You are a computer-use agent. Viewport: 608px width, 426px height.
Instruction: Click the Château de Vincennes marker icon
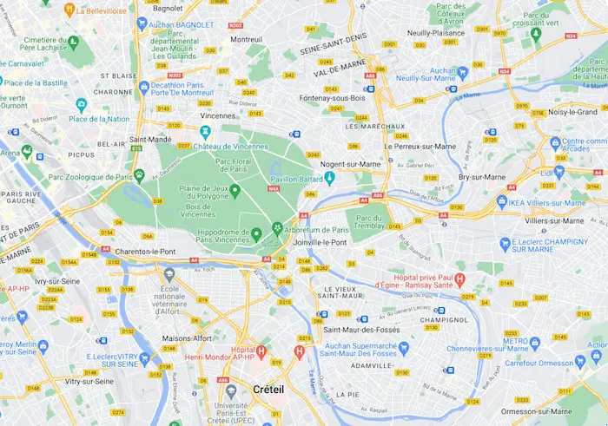point(205,132)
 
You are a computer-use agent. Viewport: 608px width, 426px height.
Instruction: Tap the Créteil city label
point(267,390)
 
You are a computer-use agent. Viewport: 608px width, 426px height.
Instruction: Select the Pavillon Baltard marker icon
point(330,178)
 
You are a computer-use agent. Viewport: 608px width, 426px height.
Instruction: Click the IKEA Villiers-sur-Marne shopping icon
point(501,201)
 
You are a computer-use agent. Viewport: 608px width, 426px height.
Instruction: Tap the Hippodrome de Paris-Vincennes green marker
point(256,233)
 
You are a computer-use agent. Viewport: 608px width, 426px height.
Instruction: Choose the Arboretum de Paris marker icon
point(277,229)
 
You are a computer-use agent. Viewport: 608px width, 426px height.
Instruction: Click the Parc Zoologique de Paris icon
point(138,177)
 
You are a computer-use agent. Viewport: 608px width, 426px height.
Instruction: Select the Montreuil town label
point(246,39)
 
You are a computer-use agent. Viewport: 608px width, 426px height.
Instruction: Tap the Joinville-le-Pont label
point(321,242)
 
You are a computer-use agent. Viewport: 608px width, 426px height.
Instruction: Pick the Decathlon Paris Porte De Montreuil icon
point(143,87)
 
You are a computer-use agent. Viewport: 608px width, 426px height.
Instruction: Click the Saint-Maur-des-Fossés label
point(359,330)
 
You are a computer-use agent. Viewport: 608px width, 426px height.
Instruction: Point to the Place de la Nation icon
point(82,105)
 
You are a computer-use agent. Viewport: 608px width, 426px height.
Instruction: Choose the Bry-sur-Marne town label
point(481,176)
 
